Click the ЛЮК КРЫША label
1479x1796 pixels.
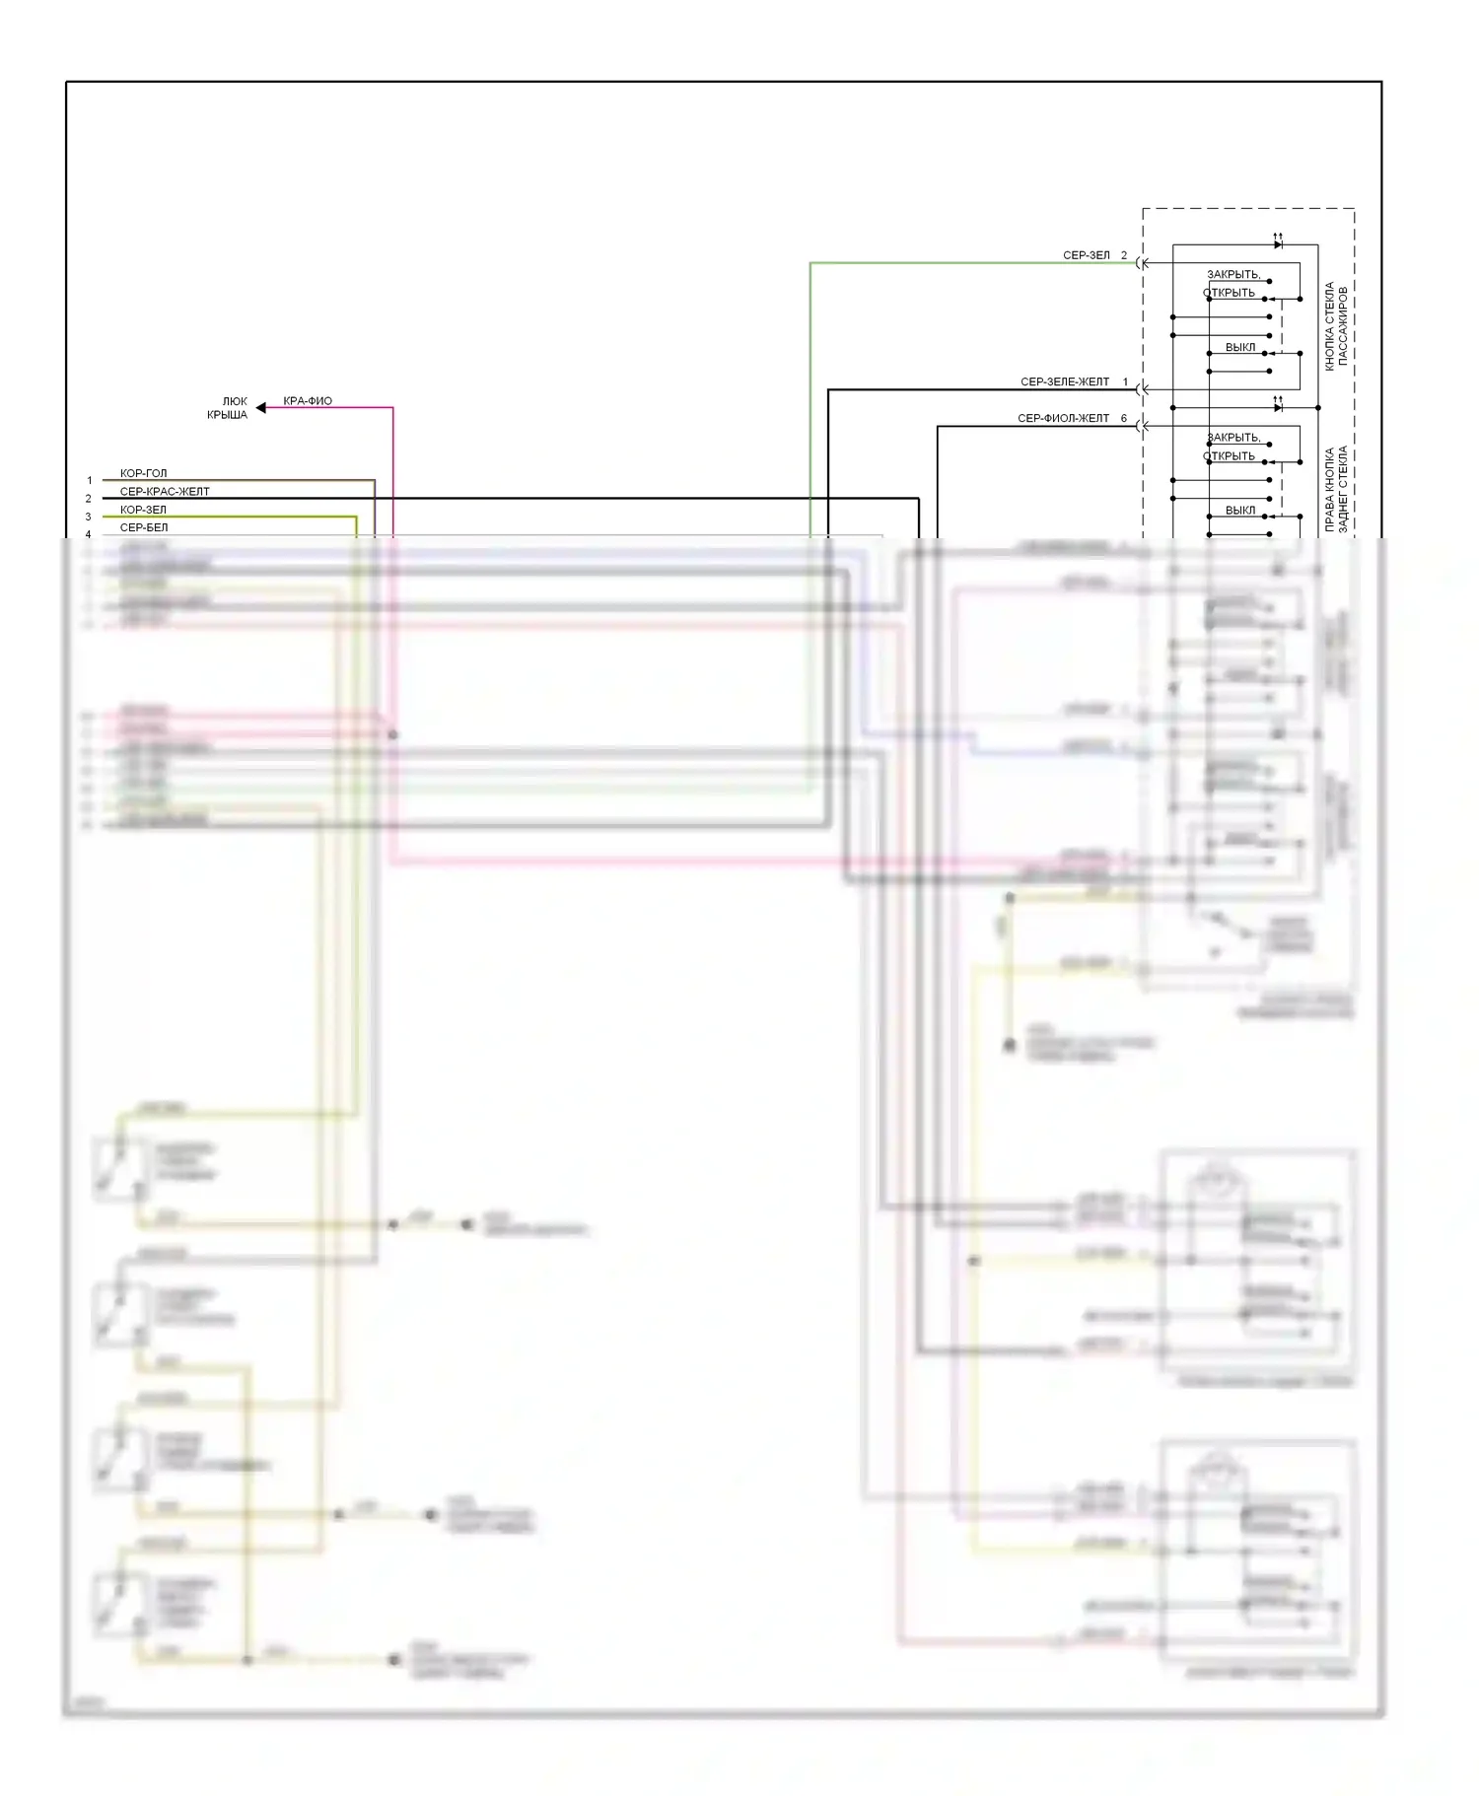tap(228, 408)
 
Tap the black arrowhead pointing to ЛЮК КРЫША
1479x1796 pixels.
tap(261, 407)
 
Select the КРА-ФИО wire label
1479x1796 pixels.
tap(308, 401)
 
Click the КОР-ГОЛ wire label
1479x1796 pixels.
tap(144, 473)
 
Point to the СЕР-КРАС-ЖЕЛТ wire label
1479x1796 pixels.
tap(165, 491)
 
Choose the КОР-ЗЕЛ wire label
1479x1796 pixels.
tap(143, 510)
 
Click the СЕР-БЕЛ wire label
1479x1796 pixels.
tap(144, 527)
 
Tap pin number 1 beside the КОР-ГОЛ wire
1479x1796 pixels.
tap(89, 481)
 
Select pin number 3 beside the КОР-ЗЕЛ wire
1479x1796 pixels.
tap(88, 517)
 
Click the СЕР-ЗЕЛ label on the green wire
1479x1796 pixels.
tap(1086, 255)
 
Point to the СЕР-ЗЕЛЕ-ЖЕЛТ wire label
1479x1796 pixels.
tap(1064, 381)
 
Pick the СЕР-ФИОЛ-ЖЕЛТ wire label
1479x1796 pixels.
tap(1063, 418)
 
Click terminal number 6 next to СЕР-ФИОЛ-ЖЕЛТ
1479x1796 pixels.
tap(1123, 418)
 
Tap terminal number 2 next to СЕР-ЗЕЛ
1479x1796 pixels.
tap(1123, 255)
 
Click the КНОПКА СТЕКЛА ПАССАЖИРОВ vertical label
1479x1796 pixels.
tap(1335, 325)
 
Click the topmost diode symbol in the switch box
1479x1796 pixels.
tap(1278, 243)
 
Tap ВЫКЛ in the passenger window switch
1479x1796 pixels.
tap(1240, 347)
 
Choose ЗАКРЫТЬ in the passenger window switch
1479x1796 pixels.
tap(1233, 274)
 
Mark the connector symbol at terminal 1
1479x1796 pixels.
tap(1141, 389)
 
